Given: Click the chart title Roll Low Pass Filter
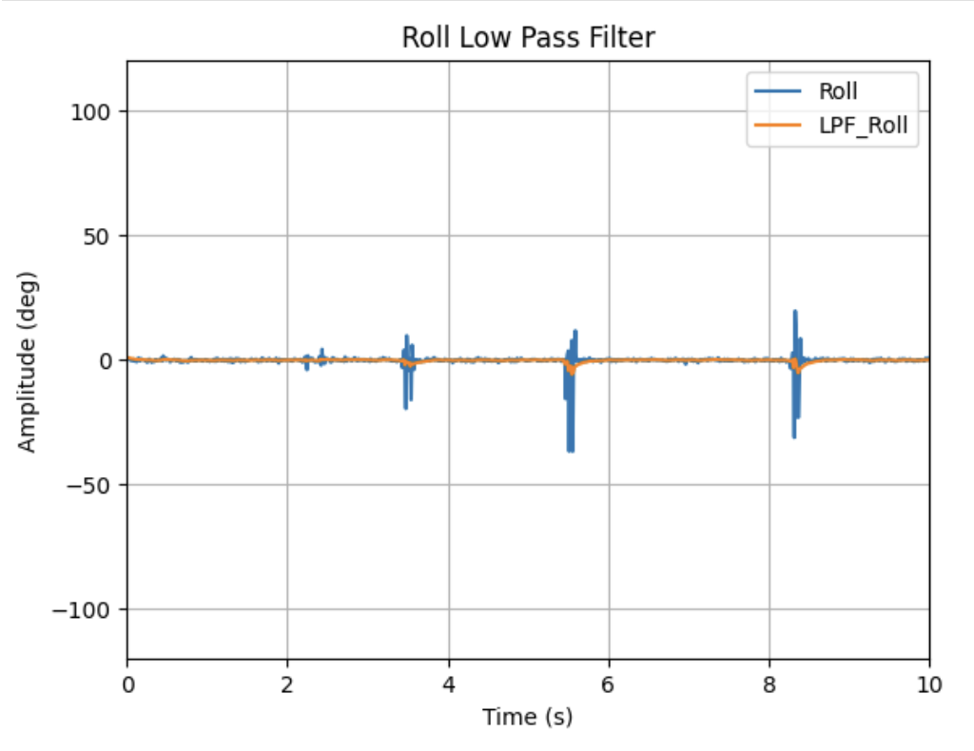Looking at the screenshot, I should tap(528, 37).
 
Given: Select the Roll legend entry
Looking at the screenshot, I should tap(838, 92).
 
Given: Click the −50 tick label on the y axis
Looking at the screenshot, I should tap(90, 485).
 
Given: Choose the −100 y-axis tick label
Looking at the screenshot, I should tap(85, 609).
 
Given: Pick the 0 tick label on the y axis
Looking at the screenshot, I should tap(106, 360).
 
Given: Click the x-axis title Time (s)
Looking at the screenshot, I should tap(528, 717).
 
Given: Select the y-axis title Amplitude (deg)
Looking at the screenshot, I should tap(28, 360).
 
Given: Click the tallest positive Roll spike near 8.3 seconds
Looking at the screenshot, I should tap(795, 313).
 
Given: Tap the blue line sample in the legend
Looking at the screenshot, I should tap(775, 92).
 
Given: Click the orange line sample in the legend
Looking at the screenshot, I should tap(775, 125).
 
